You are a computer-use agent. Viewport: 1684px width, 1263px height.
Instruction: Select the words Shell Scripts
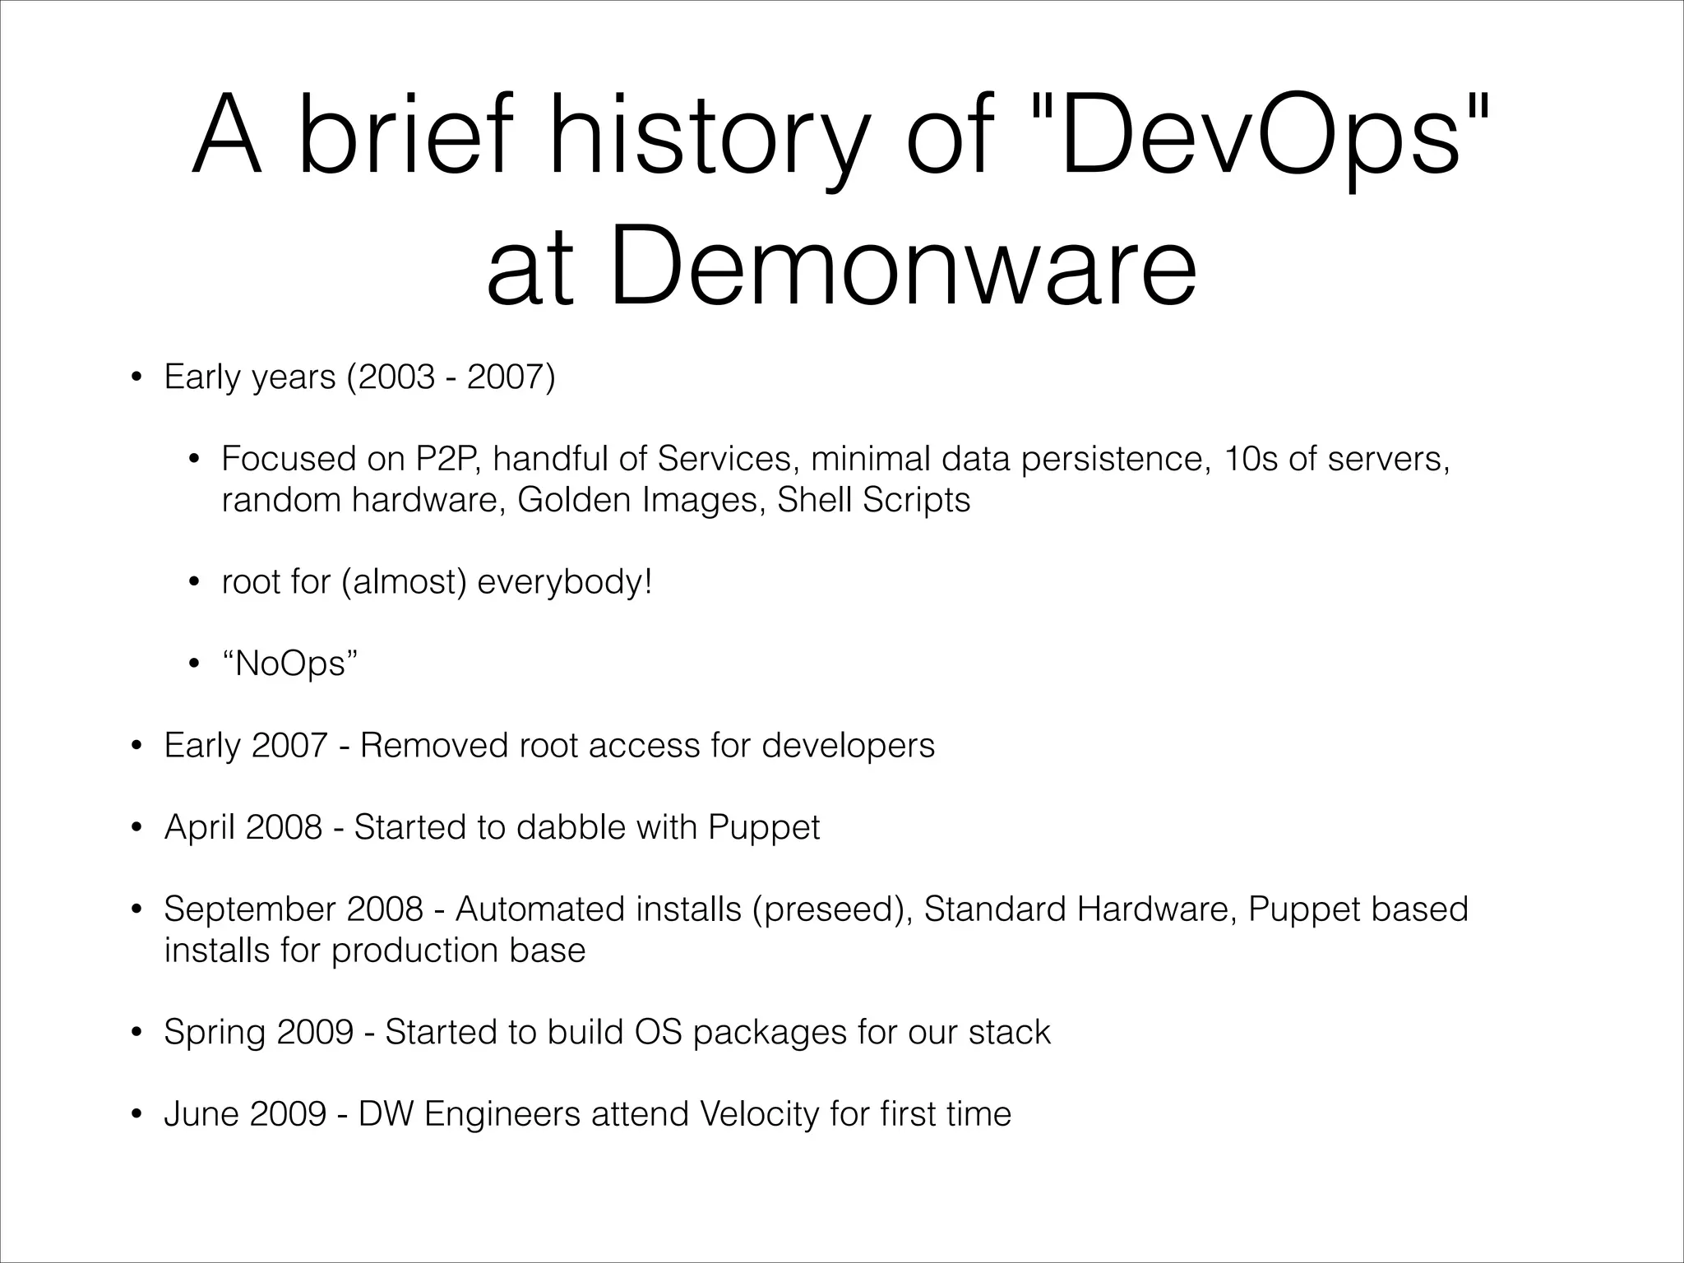pyautogui.click(x=873, y=499)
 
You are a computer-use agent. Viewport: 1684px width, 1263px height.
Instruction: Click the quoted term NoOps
pyautogui.click(x=290, y=663)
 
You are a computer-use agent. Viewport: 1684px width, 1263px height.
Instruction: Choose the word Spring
pyautogui.click(x=215, y=1032)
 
